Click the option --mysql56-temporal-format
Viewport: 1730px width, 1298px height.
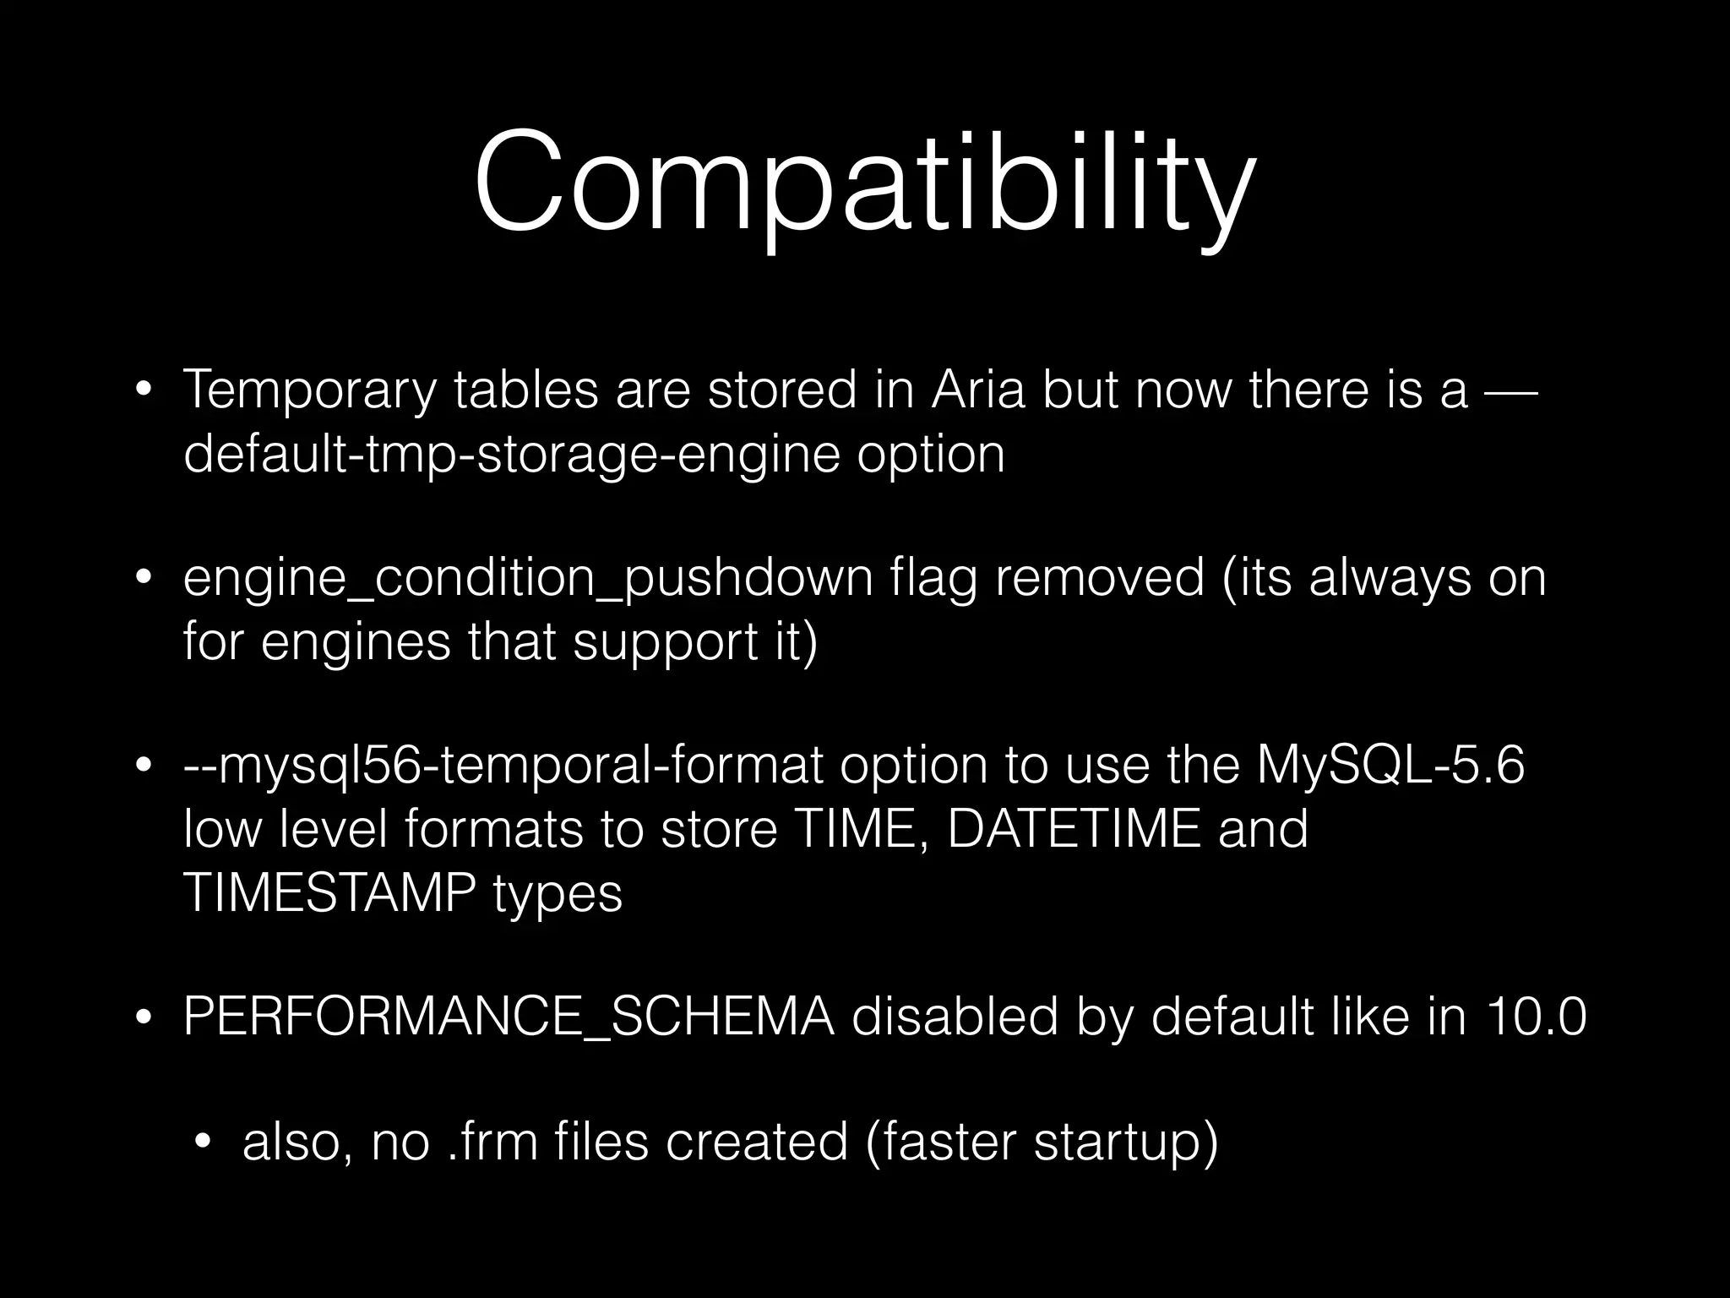coord(503,766)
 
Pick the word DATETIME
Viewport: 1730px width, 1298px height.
coord(1074,829)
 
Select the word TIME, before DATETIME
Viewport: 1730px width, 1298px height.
coord(857,829)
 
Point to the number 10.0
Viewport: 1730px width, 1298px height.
coord(1537,1017)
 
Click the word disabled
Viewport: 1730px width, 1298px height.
coord(955,1017)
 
